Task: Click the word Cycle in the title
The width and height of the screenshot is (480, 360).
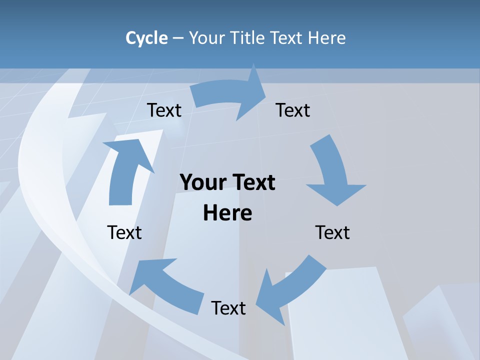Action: click(146, 38)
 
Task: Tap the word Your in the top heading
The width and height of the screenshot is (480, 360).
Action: click(206, 38)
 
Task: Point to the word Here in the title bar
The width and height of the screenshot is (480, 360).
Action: click(326, 38)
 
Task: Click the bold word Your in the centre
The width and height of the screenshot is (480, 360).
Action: click(202, 182)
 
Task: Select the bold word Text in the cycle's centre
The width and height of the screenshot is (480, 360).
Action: click(252, 182)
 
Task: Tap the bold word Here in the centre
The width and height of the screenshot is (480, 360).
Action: click(227, 213)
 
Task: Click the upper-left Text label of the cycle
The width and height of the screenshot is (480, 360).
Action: click(164, 110)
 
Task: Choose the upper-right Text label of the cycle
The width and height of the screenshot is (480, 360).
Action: click(293, 110)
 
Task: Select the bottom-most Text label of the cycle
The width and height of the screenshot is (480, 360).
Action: click(228, 308)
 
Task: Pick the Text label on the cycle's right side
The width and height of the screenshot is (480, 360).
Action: click(332, 232)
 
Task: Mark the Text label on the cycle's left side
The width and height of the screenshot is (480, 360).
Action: click(124, 232)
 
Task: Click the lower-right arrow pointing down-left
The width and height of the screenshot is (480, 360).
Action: click(290, 287)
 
